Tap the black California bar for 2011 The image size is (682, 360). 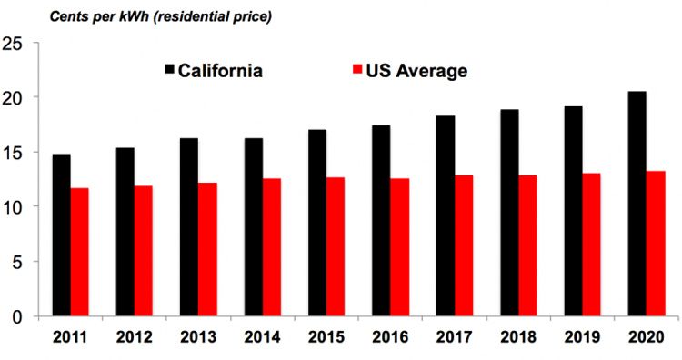coord(61,235)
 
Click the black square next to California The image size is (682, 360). coord(169,70)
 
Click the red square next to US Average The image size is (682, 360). coord(356,70)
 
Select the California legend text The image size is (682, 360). coord(221,71)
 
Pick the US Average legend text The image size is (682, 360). coord(417,71)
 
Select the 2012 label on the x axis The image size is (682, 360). coord(133,338)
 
